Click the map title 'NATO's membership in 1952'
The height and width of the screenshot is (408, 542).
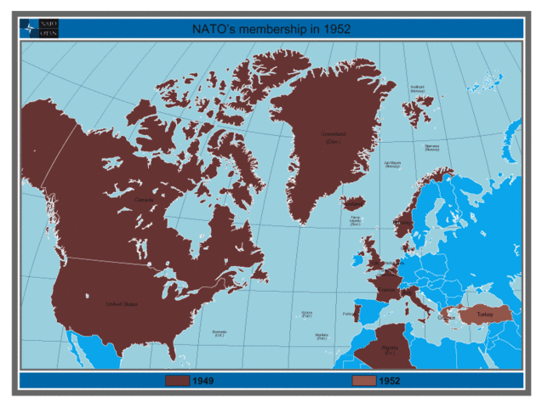272,28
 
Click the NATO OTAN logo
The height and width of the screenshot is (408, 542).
39,28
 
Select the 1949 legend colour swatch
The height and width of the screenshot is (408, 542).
177,380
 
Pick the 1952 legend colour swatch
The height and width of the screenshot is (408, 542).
363,380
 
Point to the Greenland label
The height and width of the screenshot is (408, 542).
333,137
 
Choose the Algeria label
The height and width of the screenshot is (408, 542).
390,348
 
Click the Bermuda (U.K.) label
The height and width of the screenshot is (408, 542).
219,333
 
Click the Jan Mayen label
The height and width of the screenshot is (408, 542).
392,164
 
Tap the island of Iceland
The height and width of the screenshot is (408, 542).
353,204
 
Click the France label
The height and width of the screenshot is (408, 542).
386,289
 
